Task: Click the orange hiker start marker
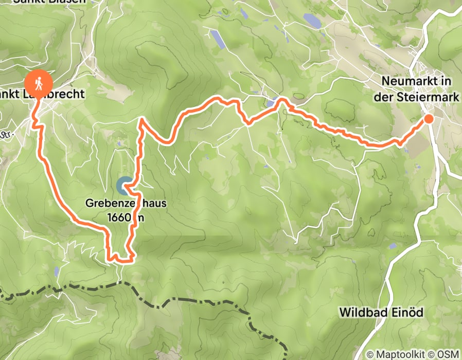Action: tap(39, 82)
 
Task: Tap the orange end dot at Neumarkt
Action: tap(428, 119)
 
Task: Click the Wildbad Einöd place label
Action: tap(372, 312)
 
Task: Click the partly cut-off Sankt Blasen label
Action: tap(37, 2)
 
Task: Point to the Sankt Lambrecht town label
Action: tap(43, 94)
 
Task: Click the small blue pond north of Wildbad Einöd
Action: tap(392, 246)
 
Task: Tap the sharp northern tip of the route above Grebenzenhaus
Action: tap(140, 119)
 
